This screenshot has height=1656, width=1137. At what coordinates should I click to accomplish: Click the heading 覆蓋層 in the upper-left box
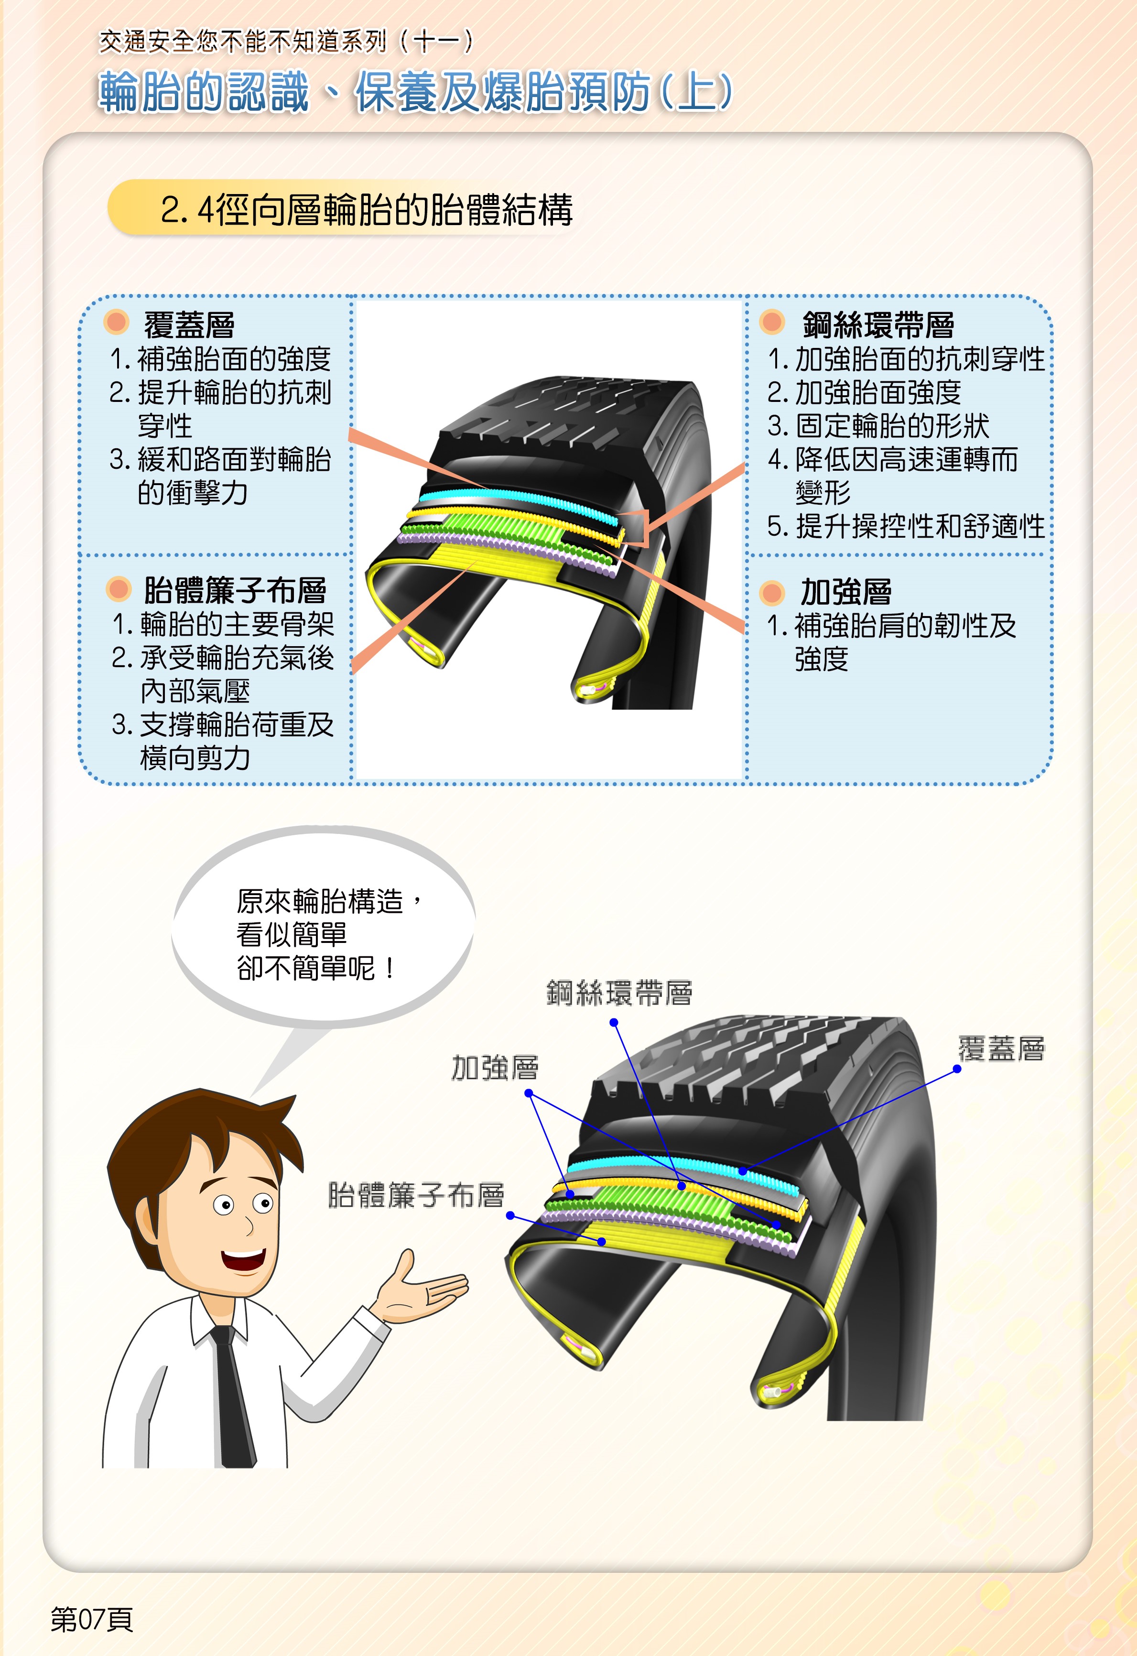[x=189, y=325]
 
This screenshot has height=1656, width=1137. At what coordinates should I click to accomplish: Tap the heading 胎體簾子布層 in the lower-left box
[x=235, y=590]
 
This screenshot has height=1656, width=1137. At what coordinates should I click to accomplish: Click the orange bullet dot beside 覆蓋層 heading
[x=116, y=322]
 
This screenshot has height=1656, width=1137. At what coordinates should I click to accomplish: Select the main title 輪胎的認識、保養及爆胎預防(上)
[x=415, y=92]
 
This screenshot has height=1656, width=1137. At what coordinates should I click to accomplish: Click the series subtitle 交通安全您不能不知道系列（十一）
[x=286, y=41]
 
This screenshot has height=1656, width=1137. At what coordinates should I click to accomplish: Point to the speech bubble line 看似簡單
[x=292, y=934]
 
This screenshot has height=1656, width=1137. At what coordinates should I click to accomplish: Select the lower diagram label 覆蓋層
[x=1001, y=1049]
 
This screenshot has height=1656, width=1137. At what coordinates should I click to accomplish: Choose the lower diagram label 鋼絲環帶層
[x=619, y=993]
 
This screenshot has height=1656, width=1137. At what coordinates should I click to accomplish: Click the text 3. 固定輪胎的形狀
[x=878, y=426]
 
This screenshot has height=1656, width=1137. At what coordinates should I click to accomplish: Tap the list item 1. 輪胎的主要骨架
[x=223, y=624]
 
